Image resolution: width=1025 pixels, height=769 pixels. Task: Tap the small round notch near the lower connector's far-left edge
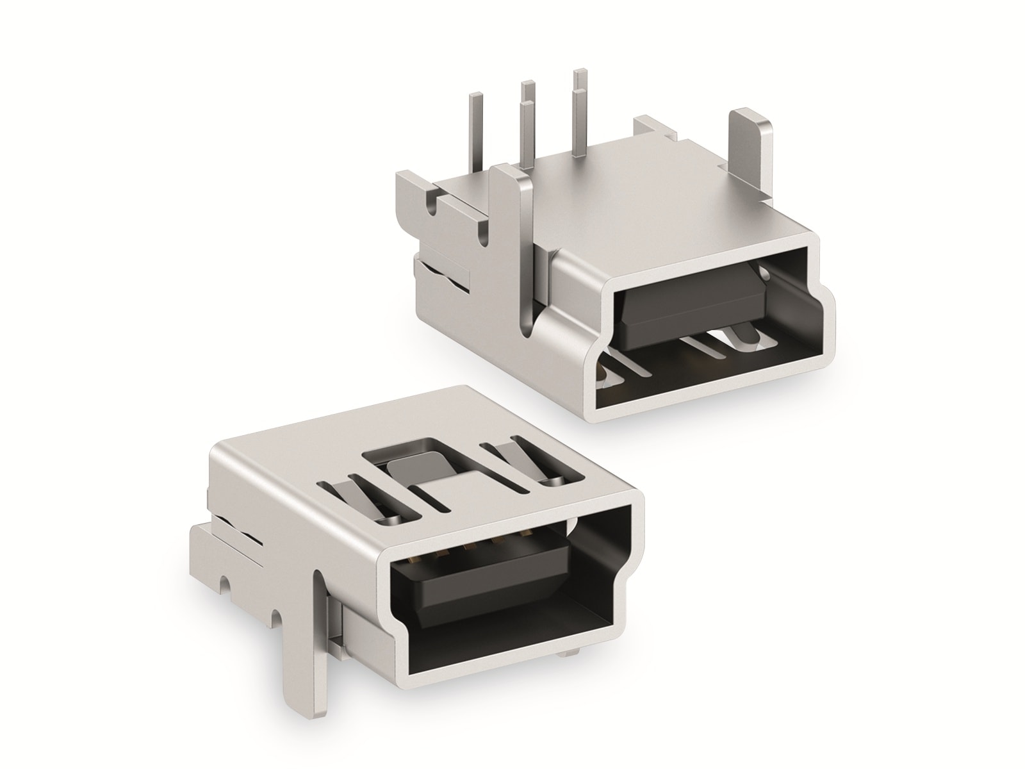pos(225,584)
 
